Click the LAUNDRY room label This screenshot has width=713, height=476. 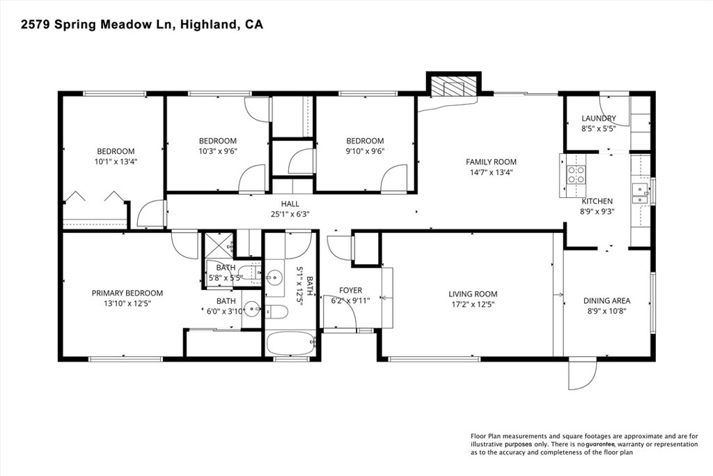(x=598, y=118)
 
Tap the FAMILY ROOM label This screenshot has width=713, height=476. (x=491, y=162)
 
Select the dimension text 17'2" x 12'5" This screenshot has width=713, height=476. (x=473, y=305)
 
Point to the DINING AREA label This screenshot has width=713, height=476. (x=606, y=300)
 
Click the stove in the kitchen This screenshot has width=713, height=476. (x=574, y=174)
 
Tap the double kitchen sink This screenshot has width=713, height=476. (x=641, y=194)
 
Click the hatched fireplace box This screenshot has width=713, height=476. (x=453, y=86)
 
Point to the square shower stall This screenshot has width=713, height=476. (x=218, y=244)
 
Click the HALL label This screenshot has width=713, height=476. (x=290, y=204)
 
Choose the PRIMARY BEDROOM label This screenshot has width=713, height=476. (x=127, y=293)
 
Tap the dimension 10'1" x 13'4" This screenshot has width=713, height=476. (x=116, y=162)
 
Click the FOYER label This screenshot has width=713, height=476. (x=351, y=290)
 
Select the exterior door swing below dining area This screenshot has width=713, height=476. (x=583, y=374)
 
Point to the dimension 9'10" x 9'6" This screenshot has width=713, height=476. (x=365, y=151)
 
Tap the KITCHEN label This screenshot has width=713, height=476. (x=597, y=201)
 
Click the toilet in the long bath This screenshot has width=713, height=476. (x=276, y=312)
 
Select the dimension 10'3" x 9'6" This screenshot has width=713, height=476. (x=217, y=151)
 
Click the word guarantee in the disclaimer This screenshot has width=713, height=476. (x=600, y=444)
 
